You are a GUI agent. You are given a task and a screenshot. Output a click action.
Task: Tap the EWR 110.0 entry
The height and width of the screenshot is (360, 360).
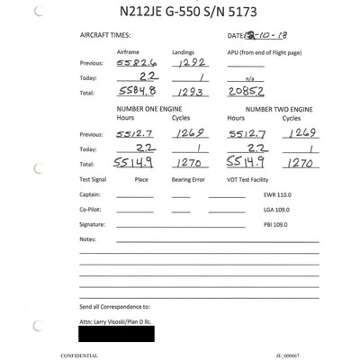coord(276,194)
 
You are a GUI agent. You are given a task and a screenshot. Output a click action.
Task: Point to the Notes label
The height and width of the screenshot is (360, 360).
coord(87,238)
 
